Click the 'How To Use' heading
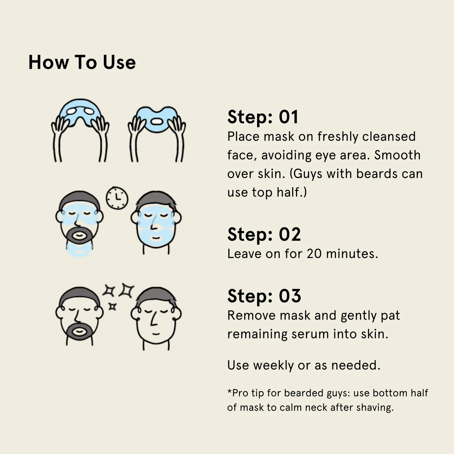pos(82,62)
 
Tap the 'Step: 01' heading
pos(263,117)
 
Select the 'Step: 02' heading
pos(264,234)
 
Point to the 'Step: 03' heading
pos(264,296)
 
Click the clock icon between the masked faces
pos(117,198)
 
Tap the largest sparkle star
pos(126,290)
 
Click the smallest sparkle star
pos(113,307)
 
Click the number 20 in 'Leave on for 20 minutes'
pos(314,254)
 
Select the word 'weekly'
pos(273,365)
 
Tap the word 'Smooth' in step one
pos(397,155)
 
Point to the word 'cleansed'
pos(389,137)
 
